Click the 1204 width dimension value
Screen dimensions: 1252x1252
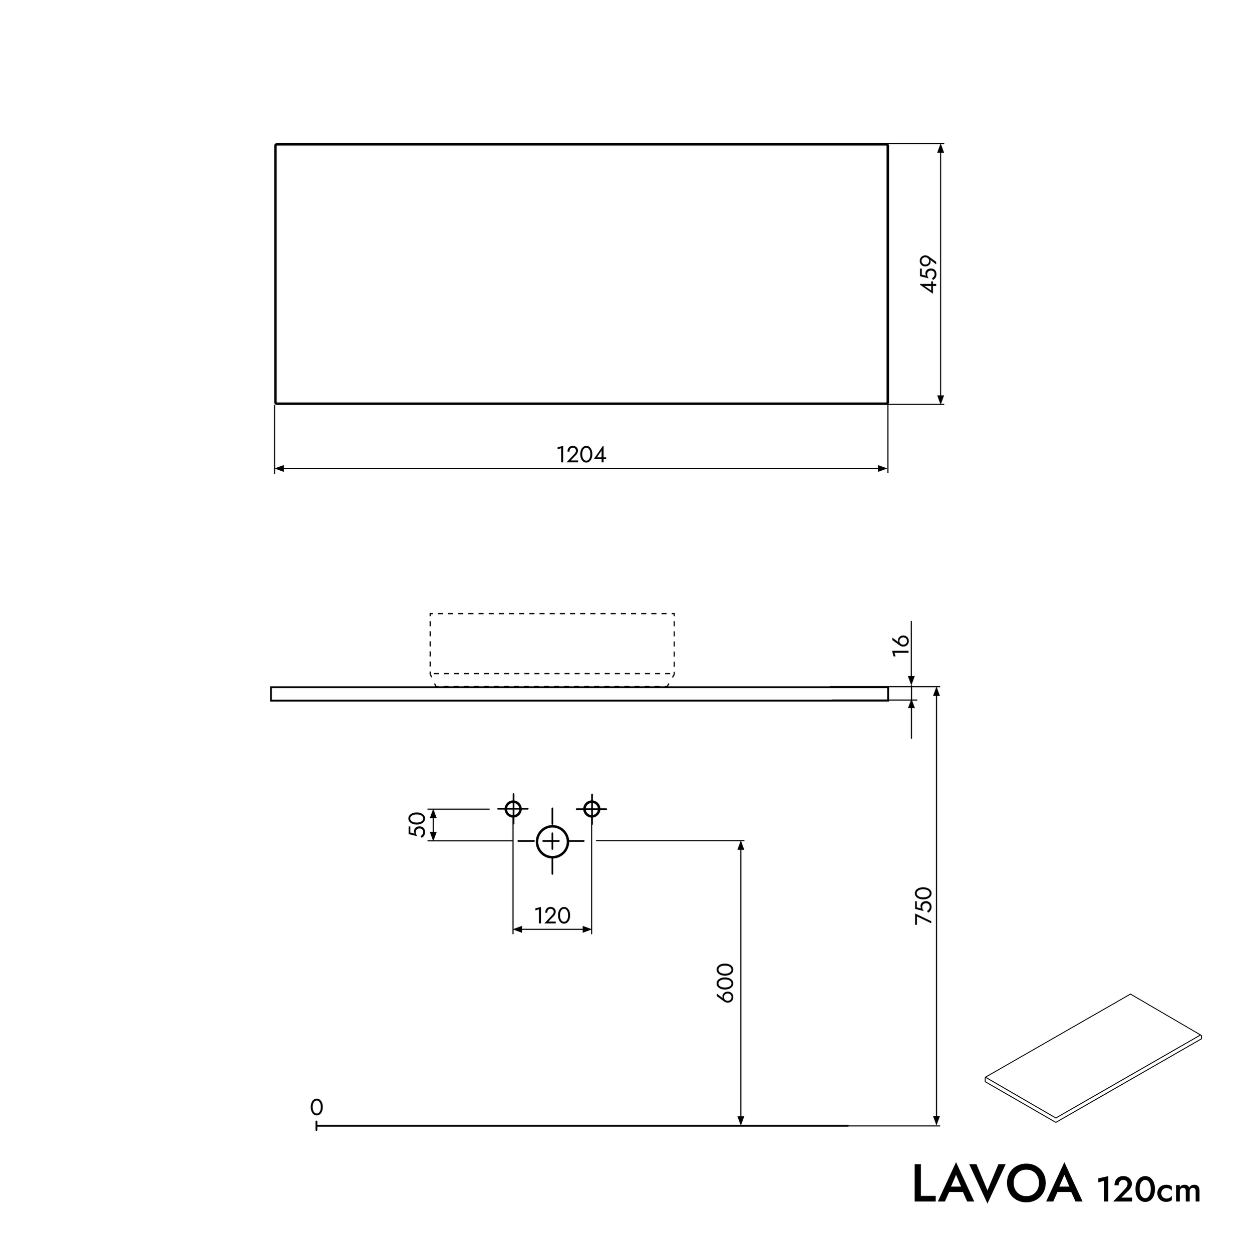(581, 455)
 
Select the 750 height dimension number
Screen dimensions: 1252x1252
(923, 906)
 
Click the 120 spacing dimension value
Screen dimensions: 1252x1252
(552, 915)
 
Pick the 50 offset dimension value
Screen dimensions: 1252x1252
(418, 824)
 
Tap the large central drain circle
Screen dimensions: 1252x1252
(552, 841)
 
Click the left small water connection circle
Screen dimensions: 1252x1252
(513, 809)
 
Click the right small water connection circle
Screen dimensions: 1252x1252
(591, 809)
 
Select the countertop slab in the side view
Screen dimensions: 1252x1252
(579, 694)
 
